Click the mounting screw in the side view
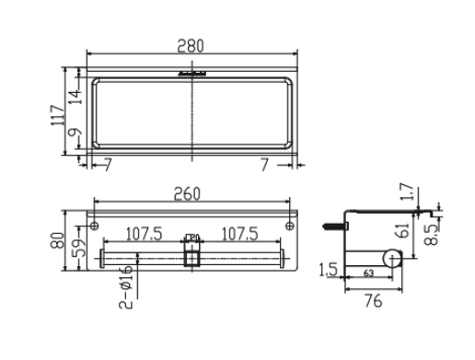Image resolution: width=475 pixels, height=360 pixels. pos(332,223)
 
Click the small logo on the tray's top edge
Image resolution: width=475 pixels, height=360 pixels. pos(192,73)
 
